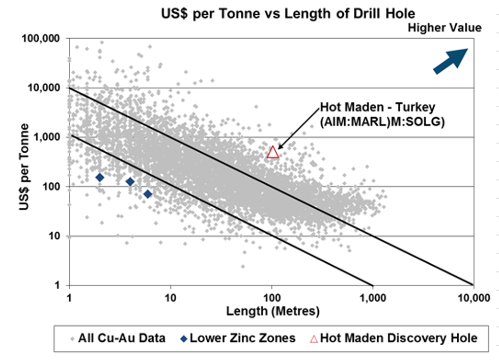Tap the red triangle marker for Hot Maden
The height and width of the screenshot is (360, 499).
[273, 152]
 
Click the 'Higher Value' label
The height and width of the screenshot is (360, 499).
[445, 27]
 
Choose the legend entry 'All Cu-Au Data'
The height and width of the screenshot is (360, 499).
[121, 338]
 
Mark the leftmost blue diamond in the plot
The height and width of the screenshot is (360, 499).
[100, 177]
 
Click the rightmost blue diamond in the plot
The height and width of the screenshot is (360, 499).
[148, 194]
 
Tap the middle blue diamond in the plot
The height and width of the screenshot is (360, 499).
[130, 182]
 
